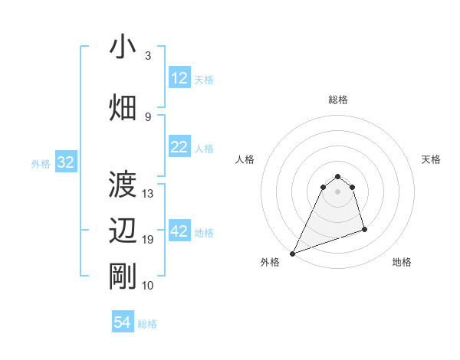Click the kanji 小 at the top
click(123, 47)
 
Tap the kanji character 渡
click(123, 185)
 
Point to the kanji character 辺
click(123, 231)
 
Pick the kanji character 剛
click(123, 277)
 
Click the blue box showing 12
click(179, 78)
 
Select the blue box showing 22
click(179, 147)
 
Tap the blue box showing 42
click(179, 231)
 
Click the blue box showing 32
click(65, 162)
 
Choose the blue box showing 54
click(123, 322)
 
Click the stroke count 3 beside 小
click(147, 56)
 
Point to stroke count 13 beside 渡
click(148, 194)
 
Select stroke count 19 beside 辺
click(148, 240)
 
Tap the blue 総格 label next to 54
click(147, 324)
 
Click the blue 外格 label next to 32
click(41, 163)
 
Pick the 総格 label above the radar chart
click(338, 100)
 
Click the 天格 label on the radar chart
click(431, 159)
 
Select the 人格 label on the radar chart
click(245, 159)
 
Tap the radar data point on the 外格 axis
click(292, 253)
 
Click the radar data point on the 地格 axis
click(364, 229)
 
